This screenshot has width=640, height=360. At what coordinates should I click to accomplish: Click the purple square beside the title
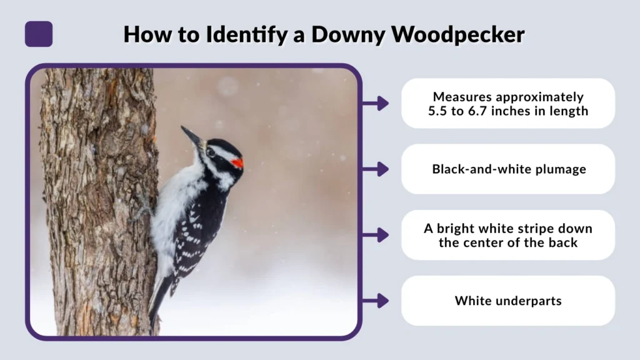(39, 34)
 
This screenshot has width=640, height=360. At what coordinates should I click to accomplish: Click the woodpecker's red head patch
(237, 162)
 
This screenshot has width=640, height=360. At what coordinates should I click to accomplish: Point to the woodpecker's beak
(191, 136)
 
